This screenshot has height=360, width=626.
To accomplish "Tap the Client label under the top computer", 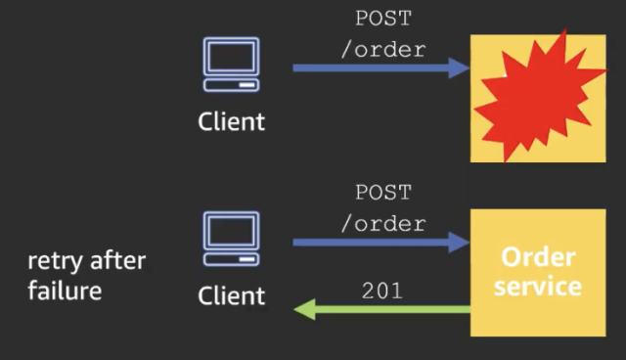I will tap(231, 122).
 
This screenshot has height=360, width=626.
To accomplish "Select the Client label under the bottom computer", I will tap(231, 295).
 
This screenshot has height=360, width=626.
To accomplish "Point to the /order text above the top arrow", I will tap(382, 50).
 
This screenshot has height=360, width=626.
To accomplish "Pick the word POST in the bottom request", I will tap(382, 193).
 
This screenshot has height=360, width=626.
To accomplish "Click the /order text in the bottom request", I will tap(382, 223).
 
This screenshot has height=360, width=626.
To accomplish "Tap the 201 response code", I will tap(381, 291).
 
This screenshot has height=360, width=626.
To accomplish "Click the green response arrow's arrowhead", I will tap(304, 310).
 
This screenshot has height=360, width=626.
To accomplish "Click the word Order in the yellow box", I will tap(538, 258).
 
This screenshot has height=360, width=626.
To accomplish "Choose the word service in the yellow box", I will tap(538, 287).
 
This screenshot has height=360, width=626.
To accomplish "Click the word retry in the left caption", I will tap(55, 261).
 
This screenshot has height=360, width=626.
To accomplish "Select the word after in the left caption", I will tap(117, 261).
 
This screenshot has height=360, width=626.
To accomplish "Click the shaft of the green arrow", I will tap(391, 310).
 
